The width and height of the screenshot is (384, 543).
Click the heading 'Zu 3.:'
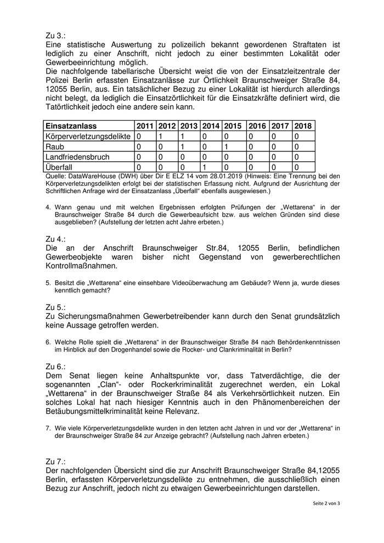coord(56,33)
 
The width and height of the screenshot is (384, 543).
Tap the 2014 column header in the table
coord(211,126)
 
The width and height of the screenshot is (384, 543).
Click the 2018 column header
coord(303,126)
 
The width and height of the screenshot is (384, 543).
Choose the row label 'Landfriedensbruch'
coord(77,157)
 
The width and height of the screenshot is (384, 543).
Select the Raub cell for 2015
coord(225,146)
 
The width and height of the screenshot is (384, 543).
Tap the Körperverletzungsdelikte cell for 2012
coord(161,136)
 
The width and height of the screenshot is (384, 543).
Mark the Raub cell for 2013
coord(182,146)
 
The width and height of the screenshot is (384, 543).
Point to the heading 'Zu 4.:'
coord(56,239)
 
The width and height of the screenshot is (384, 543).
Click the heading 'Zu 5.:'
coord(56,307)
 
